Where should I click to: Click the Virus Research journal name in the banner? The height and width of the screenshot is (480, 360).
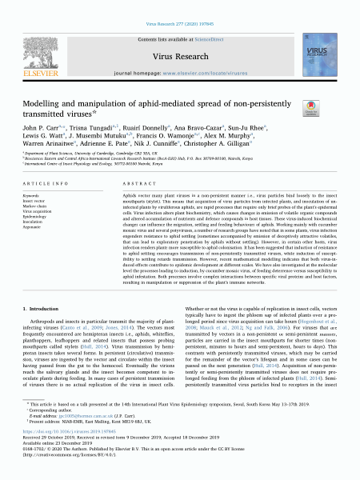click(x=180, y=56)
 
